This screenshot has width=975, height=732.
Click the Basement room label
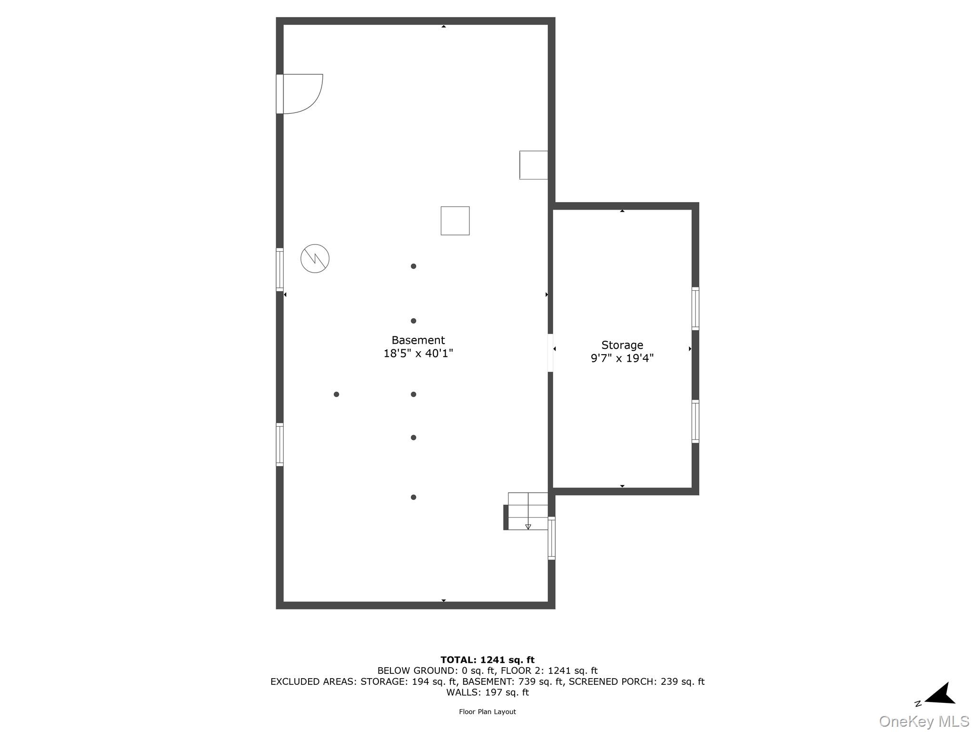click(x=418, y=340)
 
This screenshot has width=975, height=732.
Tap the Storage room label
click(x=622, y=345)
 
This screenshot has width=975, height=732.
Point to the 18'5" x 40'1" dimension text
click(x=418, y=354)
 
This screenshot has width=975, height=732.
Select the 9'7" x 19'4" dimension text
click(x=622, y=358)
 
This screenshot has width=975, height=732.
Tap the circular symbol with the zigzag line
click(x=315, y=259)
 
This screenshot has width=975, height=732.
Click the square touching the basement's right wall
click(x=533, y=165)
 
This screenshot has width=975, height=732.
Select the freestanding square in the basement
click(x=455, y=221)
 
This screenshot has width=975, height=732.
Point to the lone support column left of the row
click(x=336, y=394)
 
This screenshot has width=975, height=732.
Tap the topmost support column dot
click(x=413, y=266)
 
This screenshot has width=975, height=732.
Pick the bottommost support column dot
click(x=413, y=497)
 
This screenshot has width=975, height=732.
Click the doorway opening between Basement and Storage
click(x=550, y=353)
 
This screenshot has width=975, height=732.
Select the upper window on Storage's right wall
click(x=695, y=308)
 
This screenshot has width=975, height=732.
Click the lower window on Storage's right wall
click(x=695, y=421)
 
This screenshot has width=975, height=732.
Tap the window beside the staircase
click(x=551, y=538)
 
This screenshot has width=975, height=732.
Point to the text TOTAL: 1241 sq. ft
click(x=487, y=660)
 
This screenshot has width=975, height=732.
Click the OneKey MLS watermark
click(x=924, y=721)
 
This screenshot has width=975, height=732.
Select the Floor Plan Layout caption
click(x=487, y=712)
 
